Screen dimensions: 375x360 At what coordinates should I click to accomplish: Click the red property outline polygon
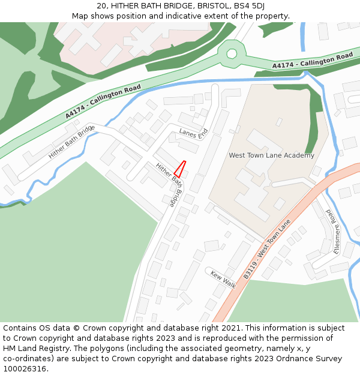pos(179,169)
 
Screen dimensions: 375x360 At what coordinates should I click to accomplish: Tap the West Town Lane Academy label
pos(271,155)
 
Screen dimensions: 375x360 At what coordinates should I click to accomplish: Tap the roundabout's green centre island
pos(231,54)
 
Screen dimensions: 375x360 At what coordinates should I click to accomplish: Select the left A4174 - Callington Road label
pos(103,101)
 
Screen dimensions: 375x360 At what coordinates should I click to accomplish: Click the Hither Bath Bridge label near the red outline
pos(169,185)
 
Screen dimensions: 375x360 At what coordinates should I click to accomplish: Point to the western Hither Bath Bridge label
pos(72,142)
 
